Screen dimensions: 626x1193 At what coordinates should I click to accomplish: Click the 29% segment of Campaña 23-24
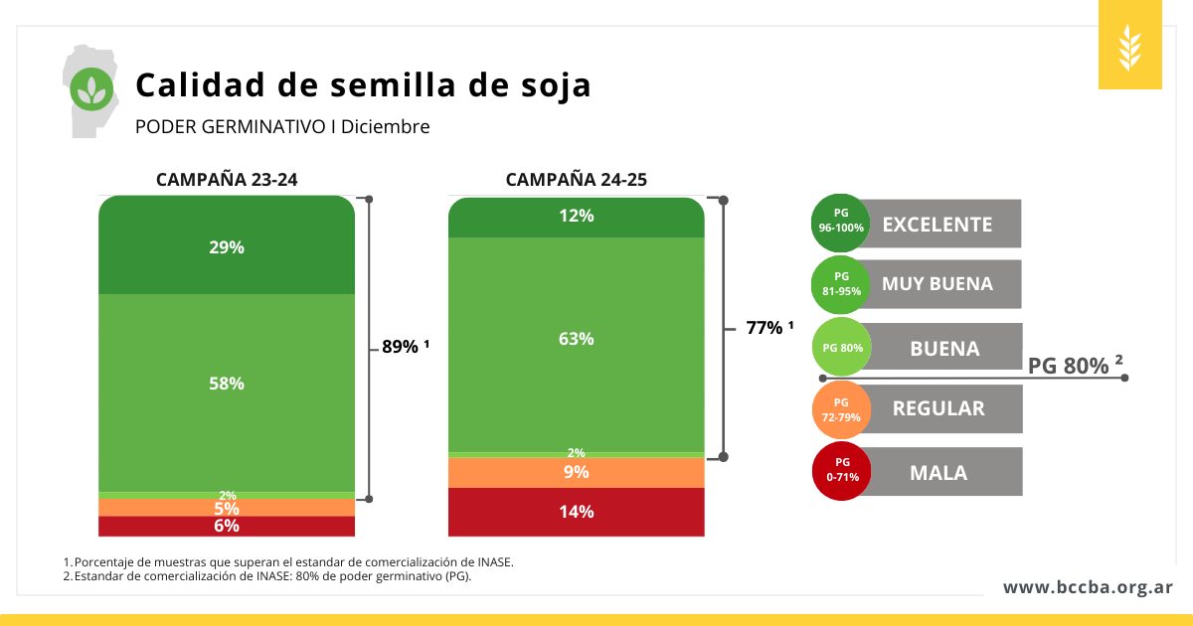[x=227, y=247]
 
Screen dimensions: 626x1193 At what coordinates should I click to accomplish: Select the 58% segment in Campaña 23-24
[x=227, y=384]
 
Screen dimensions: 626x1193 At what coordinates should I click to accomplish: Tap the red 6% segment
[x=227, y=527]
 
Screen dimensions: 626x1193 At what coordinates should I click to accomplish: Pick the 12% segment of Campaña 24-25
[x=577, y=216]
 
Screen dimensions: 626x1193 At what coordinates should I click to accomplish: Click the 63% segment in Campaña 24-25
[x=577, y=339]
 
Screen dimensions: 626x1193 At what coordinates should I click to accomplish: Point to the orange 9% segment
[x=577, y=472]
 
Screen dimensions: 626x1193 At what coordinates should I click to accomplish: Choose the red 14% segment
[x=577, y=512]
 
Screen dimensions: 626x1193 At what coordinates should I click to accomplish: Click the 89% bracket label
[x=405, y=348]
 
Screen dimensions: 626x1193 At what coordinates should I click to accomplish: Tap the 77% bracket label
[x=769, y=328]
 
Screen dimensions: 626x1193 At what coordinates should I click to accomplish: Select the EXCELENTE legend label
[x=937, y=225]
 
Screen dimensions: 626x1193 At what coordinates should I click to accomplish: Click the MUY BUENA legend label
[x=937, y=284]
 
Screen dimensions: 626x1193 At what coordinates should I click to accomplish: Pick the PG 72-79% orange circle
[x=842, y=409]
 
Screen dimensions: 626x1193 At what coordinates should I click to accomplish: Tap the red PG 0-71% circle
[x=842, y=470]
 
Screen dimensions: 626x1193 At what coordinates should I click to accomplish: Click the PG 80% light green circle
[x=842, y=349]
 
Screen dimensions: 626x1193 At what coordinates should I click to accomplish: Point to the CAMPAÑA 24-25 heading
[x=577, y=180]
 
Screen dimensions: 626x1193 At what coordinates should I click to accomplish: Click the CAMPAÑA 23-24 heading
[x=227, y=180]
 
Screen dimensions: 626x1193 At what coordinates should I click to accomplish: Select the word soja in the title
[x=551, y=85]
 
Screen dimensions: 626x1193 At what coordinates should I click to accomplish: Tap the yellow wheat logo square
[x=1129, y=46]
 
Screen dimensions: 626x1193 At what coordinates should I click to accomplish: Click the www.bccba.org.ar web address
[x=1088, y=587]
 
